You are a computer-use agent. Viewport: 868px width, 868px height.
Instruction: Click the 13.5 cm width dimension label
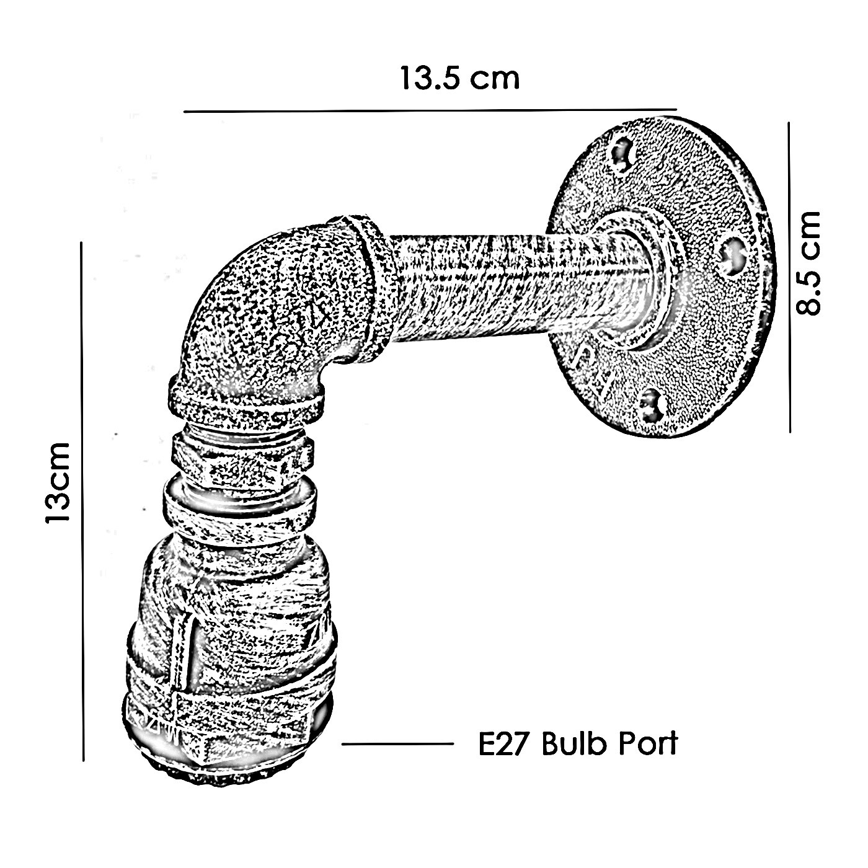point(460,78)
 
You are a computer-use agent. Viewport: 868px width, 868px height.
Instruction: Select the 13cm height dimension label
point(58,482)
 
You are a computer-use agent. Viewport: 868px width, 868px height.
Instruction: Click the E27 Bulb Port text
point(578,743)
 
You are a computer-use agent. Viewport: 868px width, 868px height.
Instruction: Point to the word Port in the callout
point(648,743)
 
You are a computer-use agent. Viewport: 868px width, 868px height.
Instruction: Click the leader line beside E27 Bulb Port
point(397,744)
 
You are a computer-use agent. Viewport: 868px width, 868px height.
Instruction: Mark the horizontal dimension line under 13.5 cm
point(430,110)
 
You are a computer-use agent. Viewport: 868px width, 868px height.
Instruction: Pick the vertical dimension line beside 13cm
point(82,502)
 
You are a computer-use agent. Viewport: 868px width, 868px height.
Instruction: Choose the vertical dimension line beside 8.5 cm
point(789,277)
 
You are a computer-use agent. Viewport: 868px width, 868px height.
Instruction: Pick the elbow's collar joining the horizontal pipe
point(370,288)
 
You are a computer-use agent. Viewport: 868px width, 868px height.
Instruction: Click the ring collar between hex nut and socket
point(239,509)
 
